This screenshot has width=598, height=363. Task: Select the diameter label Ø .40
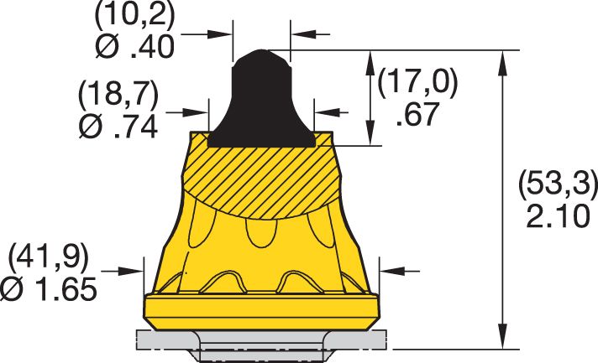134,47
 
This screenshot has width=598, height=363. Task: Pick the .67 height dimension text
417,113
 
